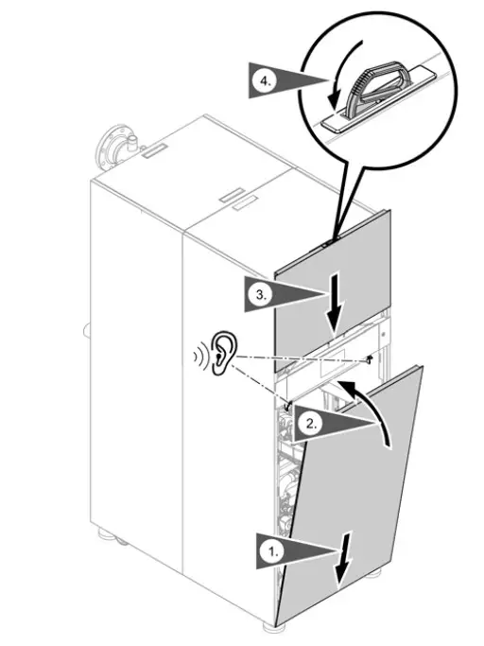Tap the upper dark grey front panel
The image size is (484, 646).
coord(331,284)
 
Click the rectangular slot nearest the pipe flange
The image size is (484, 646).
coord(156,148)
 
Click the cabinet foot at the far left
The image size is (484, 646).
coord(121,542)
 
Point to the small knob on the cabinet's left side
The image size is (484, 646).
coord(85,330)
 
